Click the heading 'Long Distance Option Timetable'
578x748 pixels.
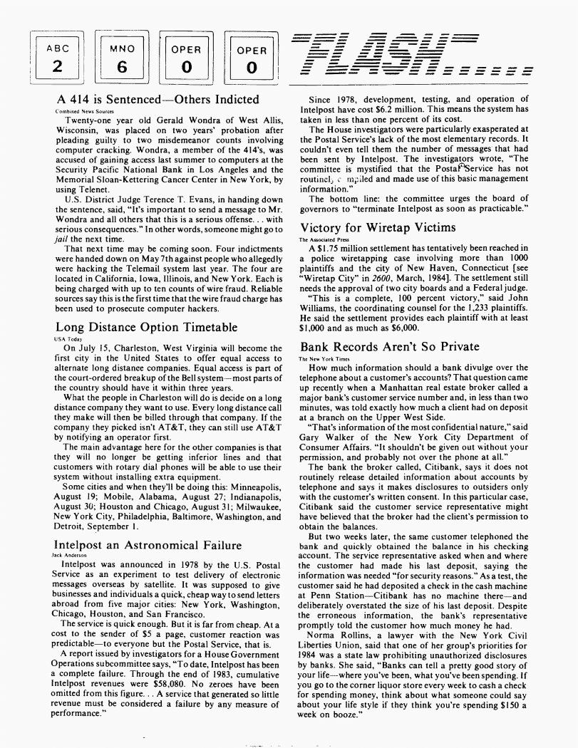(146, 328)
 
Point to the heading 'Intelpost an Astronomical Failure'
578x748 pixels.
(148, 546)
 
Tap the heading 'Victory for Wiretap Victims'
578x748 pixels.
(378, 228)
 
